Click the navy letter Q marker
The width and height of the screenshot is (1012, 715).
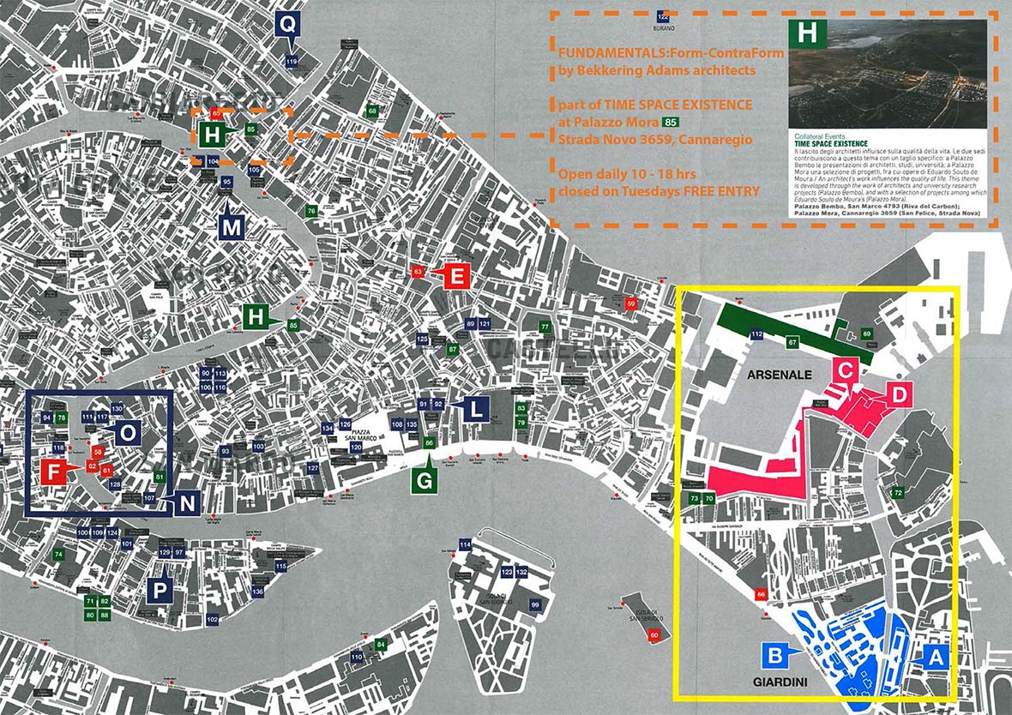pyautogui.click(x=287, y=23)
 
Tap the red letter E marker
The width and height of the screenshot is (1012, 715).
pyautogui.click(x=457, y=276)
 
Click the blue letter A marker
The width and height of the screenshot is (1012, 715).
pyautogui.click(x=936, y=657)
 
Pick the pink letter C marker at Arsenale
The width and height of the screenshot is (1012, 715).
pyautogui.click(x=845, y=371)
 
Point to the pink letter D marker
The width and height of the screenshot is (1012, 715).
pyautogui.click(x=899, y=394)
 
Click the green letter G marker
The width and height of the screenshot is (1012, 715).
pyautogui.click(x=424, y=481)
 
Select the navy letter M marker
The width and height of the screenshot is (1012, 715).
pyautogui.click(x=232, y=226)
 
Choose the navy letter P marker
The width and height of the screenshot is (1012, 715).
pyautogui.click(x=159, y=590)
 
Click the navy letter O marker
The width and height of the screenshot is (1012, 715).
pyautogui.click(x=126, y=434)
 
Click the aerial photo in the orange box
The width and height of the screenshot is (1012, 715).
pyautogui.click(x=886, y=74)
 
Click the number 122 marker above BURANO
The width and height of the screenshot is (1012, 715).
pyautogui.click(x=662, y=16)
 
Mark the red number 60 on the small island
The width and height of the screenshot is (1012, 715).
pyautogui.click(x=654, y=634)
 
